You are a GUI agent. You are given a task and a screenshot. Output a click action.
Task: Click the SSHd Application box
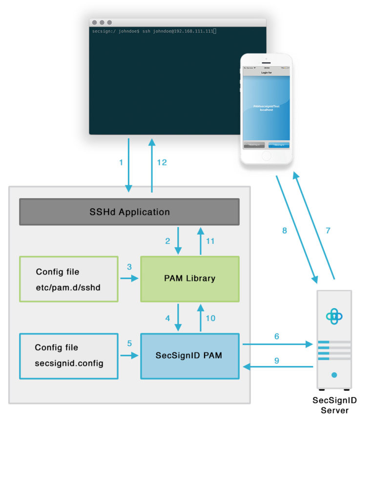(x=129, y=212)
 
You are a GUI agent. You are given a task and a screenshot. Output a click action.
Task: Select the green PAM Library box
(x=189, y=279)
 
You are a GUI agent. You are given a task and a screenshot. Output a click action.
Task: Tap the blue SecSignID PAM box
(x=189, y=356)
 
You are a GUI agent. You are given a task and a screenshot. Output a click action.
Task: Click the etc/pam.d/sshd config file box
(x=68, y=279)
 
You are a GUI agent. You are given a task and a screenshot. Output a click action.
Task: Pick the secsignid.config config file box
(x=68, y=356)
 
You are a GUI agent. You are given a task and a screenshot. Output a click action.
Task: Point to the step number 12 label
(x=162, y=162)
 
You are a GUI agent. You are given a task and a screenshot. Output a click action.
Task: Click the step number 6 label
(x=277, y=336)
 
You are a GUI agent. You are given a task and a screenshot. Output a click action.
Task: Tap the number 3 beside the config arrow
(x=129, y=267)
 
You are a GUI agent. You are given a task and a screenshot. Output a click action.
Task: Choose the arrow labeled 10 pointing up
(x=200, y=318)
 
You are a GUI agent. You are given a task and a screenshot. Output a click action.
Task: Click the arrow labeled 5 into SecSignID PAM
(x=129, y=356)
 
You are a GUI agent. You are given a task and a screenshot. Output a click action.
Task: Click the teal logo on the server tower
(x=334, y=316)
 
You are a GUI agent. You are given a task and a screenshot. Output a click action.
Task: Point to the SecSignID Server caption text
(x=334, y=405)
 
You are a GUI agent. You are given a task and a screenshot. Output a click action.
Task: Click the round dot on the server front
(x=334, y=375)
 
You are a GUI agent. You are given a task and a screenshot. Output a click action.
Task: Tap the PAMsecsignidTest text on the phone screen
(x=266, y=106)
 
